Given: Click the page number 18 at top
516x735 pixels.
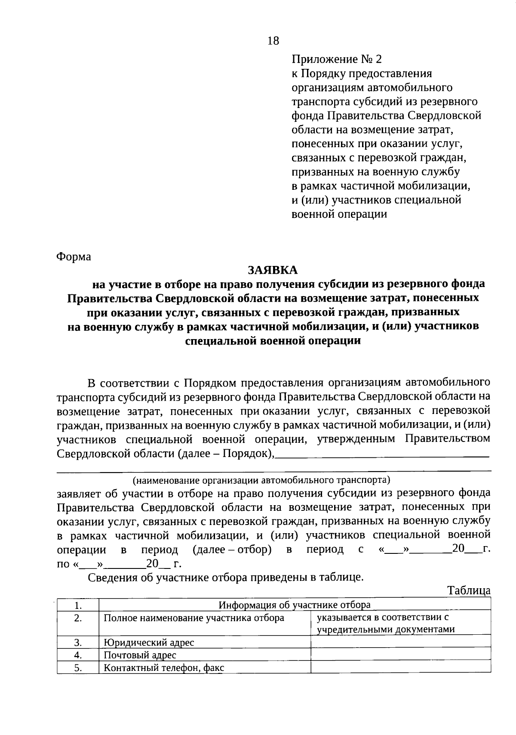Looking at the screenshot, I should (273, 41).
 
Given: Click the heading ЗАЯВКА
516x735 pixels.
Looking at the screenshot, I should (273, 270).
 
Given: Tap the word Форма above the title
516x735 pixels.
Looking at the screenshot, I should (74, 257).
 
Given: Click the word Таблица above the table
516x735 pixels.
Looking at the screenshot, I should (469, 590).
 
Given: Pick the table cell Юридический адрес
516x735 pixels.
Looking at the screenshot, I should (149, 642).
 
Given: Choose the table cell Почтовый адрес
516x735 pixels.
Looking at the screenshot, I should (140, 655).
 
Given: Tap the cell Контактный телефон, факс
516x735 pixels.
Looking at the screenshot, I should (163, 668).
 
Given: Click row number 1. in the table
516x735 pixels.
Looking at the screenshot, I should (78, 605).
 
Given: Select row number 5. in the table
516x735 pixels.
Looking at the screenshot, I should (78, 668).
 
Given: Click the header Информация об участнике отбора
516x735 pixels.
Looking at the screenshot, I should (295, 605).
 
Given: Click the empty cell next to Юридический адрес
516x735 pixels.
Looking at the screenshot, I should (400, 642).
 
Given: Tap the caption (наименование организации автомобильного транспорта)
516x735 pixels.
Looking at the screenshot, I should (261, 479).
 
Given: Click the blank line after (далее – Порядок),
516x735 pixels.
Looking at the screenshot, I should (381, 454).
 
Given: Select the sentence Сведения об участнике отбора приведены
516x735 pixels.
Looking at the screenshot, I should (226, 577).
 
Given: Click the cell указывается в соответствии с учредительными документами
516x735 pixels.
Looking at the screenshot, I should (385, 624).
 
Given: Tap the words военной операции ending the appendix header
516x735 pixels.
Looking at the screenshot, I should (339, 214).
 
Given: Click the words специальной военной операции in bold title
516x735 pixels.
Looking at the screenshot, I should (273, 341).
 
